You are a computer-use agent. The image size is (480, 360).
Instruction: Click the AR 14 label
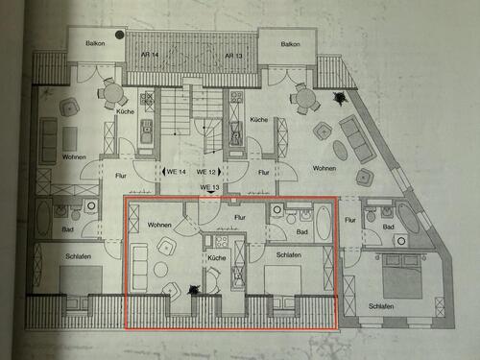point(151,57)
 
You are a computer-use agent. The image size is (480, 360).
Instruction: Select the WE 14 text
point(174,172)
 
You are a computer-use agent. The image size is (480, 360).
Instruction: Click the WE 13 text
point(210,187)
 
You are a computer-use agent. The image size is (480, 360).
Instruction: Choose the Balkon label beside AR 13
point(289,44)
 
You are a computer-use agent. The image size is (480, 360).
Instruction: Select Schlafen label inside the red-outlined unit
point(289,255)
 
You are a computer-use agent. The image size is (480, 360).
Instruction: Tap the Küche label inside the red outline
point(217,258)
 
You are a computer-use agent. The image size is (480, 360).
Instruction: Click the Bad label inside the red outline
point(300,232)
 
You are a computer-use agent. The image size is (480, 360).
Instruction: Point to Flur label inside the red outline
point(240,218)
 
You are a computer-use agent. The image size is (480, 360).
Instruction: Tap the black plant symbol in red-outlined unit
point(197,287)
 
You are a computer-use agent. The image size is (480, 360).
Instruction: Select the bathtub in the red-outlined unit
point(324,227)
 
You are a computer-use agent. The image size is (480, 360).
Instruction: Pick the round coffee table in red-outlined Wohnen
point(162,270)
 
